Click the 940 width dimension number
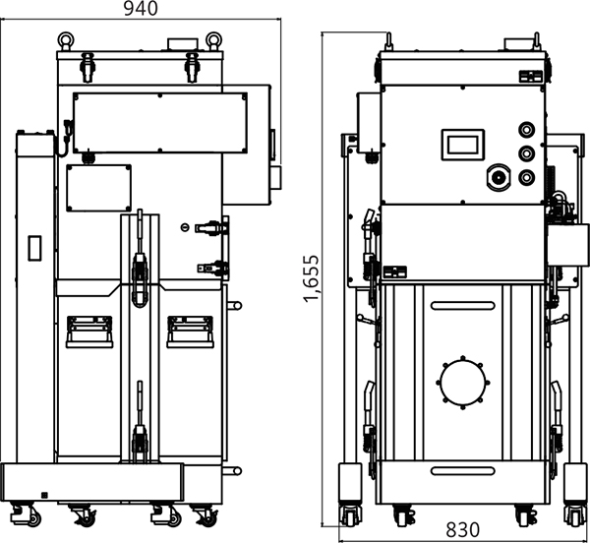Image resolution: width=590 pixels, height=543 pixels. pyautogui.click(x=141, y=8)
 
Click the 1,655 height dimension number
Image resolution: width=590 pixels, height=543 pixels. pyautogui.click(x=312, y=278)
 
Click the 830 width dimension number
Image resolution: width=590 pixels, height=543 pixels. pyautogui.click(x=462, y=530)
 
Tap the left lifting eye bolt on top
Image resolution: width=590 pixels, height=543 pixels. pyautogui.click(x=66, y=40)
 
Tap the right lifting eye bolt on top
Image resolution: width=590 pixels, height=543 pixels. pyautogui.click(x=213, y=40)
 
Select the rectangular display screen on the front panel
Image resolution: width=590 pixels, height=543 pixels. pyautogui.click(x=463, y=145)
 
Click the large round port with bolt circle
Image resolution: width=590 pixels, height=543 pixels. pyautogui.click(x=463, y=383)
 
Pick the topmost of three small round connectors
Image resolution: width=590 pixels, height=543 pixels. pyautogui.click(x=526, y=130)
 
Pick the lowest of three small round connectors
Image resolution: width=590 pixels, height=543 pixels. pyautogui.click(x=526, y=177)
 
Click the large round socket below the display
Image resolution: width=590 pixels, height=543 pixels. pyautogui.click(x=499, y=177)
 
